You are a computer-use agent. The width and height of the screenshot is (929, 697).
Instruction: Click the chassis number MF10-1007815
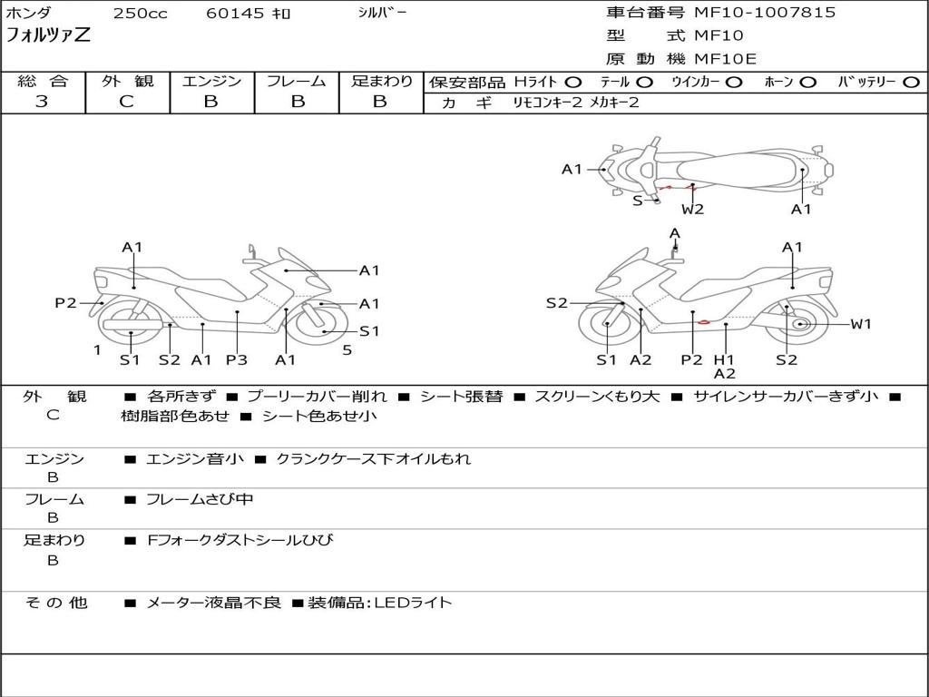[x=765, y=13]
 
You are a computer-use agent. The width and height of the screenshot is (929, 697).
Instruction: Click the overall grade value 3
[x=42, y=102]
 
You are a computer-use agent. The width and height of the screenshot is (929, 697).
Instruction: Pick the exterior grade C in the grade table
[x=127, y=102]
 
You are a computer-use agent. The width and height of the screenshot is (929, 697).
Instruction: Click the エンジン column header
[x=211, y=82]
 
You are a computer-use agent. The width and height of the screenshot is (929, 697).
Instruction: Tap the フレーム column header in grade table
[x=297, y=82]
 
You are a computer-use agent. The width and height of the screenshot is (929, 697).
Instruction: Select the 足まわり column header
[x=381, y=82]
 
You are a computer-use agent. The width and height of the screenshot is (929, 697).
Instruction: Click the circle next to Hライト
[x=572, y=83]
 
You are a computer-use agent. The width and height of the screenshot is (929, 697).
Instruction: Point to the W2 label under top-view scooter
[x=692, y=210]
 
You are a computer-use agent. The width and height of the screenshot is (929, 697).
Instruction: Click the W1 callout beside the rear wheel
[x=860, y=324]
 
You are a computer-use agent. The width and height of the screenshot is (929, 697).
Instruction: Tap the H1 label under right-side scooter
[x=724, y=359]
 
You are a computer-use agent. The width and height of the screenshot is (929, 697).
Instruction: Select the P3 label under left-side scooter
[x=236, y=359]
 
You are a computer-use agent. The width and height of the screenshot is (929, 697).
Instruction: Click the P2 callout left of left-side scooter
[x=65, y=303]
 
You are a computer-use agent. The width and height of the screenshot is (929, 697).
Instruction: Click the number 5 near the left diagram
[x=347, y=349]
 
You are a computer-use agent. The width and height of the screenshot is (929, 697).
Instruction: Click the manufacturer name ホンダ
[x=29, y=14]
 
